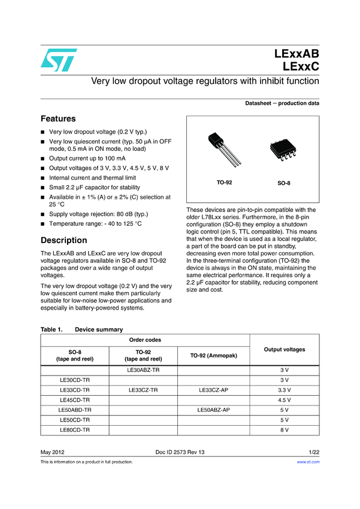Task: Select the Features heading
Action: (x=58, y=119)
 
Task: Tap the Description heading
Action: (x=63, y=240)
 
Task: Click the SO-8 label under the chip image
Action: (x=284, y=183)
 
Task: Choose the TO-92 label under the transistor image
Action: (x=224, y=181)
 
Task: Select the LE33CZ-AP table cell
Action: (x=214, y=389)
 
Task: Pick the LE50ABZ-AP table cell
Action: (x=214, y=410)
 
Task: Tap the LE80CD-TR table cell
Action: (x=75, y=430)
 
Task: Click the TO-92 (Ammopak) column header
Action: (x=214, y=356)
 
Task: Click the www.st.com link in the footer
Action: (x=308, y=462)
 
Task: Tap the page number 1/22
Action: (x=313, y=451)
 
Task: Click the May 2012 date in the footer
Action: (x=52, y=451)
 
